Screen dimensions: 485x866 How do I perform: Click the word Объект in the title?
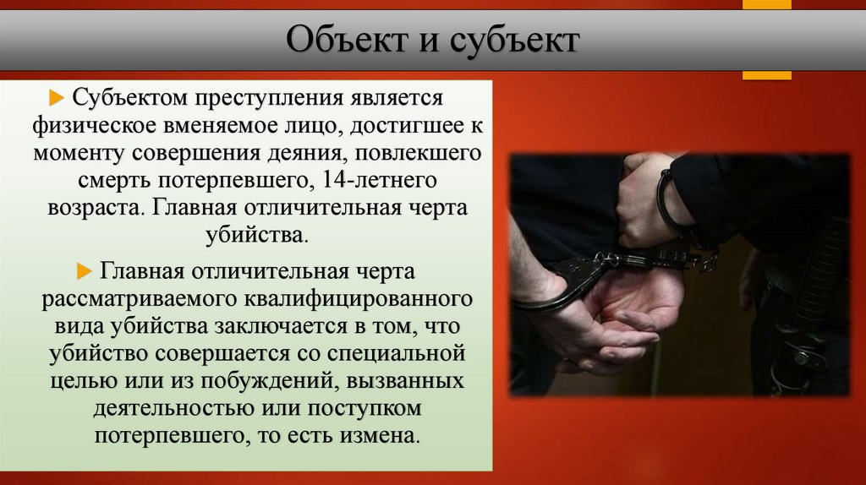[x=342, y=41]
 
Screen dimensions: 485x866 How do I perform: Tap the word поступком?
[x=372, y=409]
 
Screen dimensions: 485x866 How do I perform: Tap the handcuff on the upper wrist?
[x=672, y=203]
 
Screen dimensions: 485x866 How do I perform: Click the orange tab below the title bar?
[x=766, y=75]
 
